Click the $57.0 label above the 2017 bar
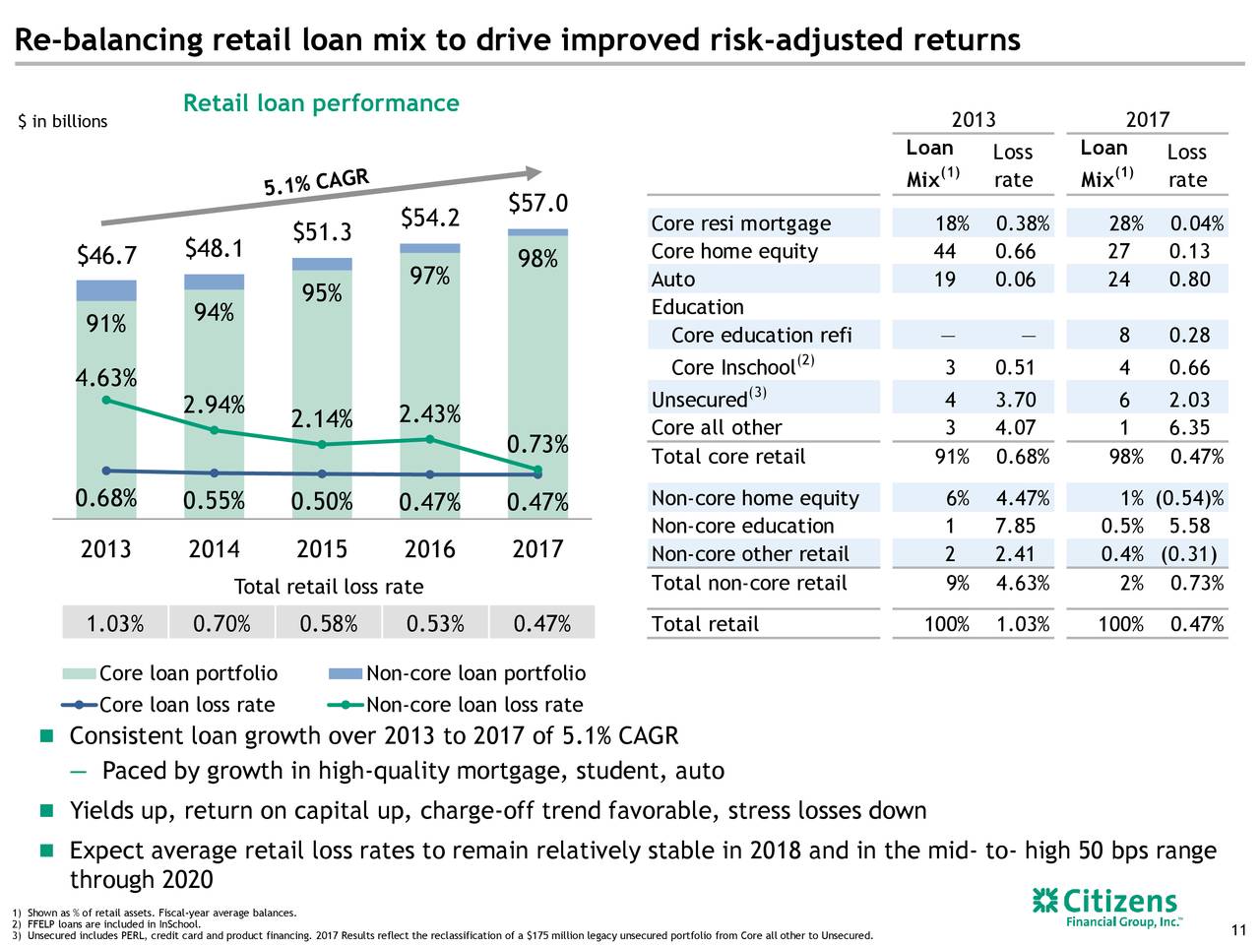(x=538, y=203)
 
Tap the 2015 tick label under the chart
(x=322, y=548)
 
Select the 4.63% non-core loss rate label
(x=106, y=378)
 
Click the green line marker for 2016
(x=430, y=439)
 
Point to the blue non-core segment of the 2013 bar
(x=106, y=290)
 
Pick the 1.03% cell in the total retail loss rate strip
(x=115, y=624)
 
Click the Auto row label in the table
(x=673, y=280)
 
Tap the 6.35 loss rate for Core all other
(x=1189, y=428)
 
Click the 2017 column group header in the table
(x=1147, y=120)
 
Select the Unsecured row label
(x=699, y=400)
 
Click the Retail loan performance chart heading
(x=321, y=103)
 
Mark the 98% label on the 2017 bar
(x=538, y=260)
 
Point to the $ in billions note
(x=63, y=121)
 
